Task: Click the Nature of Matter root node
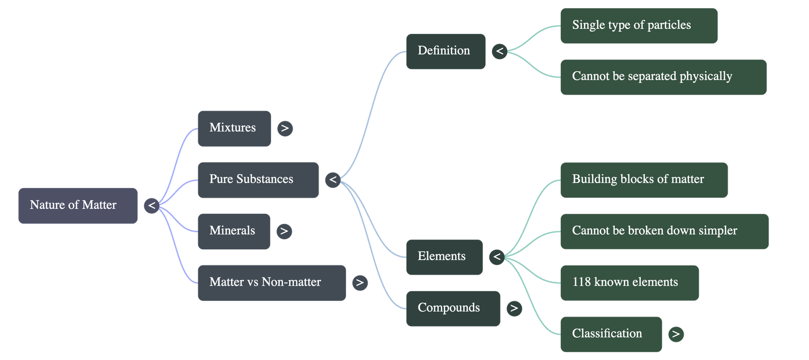[x=78, y=206]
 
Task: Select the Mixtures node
[x=234, y=128]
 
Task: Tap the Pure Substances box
[x=258, y=179]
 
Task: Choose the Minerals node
[x=234, y=231]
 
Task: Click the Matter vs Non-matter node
[x=272, y=283]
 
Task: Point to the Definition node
[x=445, y=51]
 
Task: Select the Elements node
[x=443, y=257]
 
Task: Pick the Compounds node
[x=453, y=308]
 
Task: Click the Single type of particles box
[x=638, y=25]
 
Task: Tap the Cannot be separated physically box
[x=663, y=76]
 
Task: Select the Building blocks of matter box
[x=643, y=179]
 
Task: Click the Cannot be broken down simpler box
[x=664, y=231]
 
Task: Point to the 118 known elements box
[x=629, y=283]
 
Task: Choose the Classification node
[x=610, y=334]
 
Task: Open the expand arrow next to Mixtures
[x=285, y=128]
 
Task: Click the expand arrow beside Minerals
[x=284, y=231]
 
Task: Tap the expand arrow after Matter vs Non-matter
[x=359, y=283]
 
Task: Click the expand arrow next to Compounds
[x=514, y=308]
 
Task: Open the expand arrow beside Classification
[x=676, y=334]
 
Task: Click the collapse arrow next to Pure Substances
[x=332, y=179]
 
